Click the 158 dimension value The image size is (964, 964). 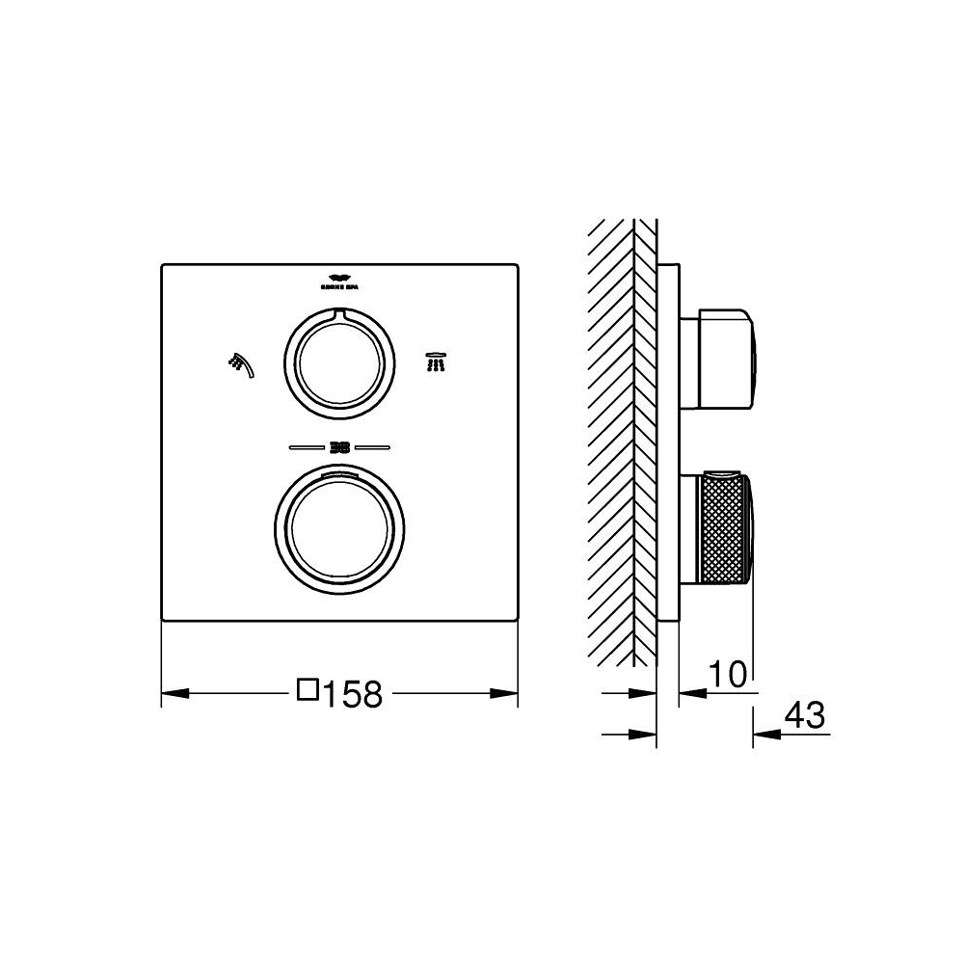[x=354, y=693]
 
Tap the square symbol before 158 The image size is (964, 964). [x=308, y=690]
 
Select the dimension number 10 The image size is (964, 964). [x=729, y=675]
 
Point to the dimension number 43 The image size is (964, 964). [x=805, y=715]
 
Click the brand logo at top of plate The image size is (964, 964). [x=337, y=280]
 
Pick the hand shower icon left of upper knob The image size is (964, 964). [x=241, y=363]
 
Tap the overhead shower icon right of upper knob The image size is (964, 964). [x=436, y=361]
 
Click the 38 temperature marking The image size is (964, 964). [x=338, y=446]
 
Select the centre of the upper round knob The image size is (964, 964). [x=338, y=363]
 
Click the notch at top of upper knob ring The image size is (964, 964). [x=338, y=313]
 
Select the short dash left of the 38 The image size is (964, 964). [x=306, y=446]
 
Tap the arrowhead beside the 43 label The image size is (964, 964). [x=763, y=734]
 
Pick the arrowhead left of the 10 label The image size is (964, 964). [x=690, y=693]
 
